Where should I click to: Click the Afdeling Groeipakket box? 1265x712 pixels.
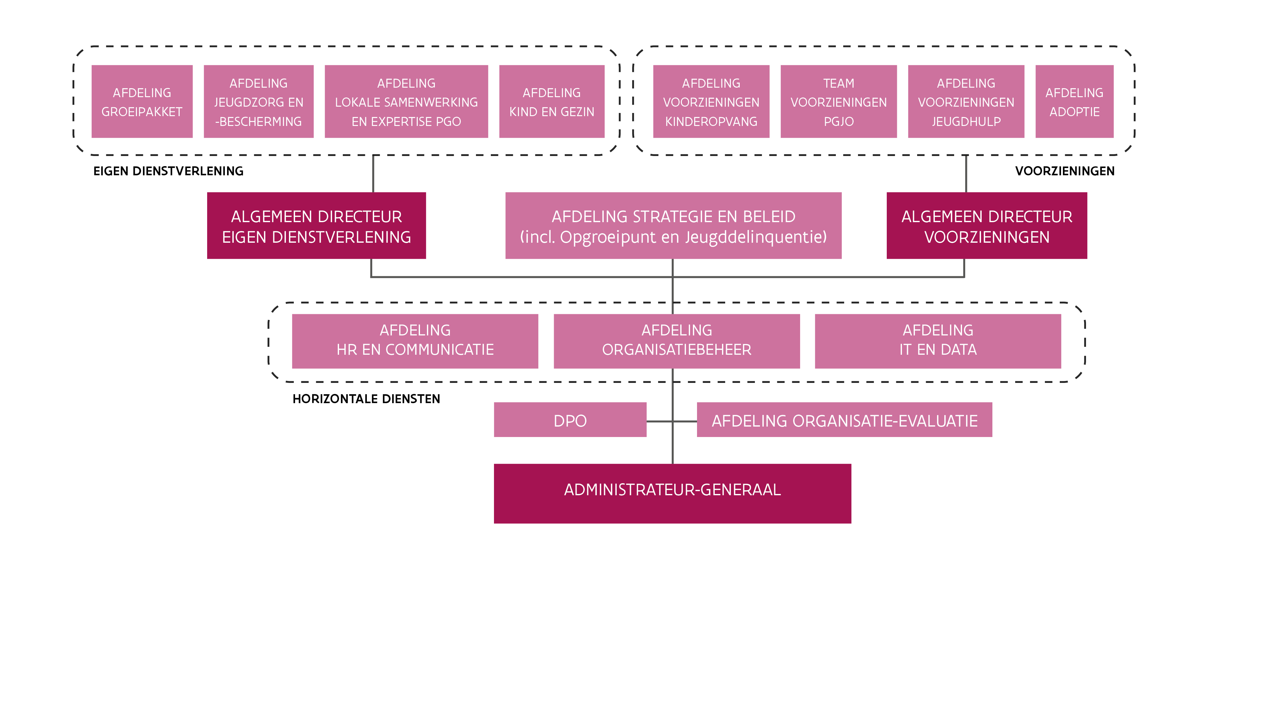(x=142, y=102)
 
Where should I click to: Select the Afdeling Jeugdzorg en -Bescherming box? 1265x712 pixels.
(x=258, y=102)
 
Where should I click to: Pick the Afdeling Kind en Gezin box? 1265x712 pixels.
(x=552, y=102)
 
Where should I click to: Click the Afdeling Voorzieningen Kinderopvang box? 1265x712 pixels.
(x=711, y=102)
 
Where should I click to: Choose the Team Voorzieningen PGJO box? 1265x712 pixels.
(x=838, y=102)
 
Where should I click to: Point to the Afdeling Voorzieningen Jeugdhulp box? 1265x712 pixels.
(x=966, y=102)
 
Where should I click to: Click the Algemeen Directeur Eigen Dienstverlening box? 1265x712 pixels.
(x=316, y=226)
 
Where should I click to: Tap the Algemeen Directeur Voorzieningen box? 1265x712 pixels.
(x=987, y=226)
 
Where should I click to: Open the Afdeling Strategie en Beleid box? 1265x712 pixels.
(x=673, y=226)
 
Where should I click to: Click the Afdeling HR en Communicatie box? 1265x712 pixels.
(x=415, y=341)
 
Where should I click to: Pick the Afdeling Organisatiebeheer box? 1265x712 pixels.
(x=677, y=341)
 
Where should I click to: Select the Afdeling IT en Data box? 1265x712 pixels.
(x=938, y=341)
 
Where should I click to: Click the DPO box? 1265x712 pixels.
(x=570, y=420)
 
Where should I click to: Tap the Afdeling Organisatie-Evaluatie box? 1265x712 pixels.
(x=844, y=420)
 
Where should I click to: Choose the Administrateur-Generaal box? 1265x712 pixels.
(x=672, y=493)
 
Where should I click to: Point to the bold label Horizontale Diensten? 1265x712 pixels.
(x=366, y=399)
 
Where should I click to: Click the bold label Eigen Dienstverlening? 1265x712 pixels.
(x=169, y=171)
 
